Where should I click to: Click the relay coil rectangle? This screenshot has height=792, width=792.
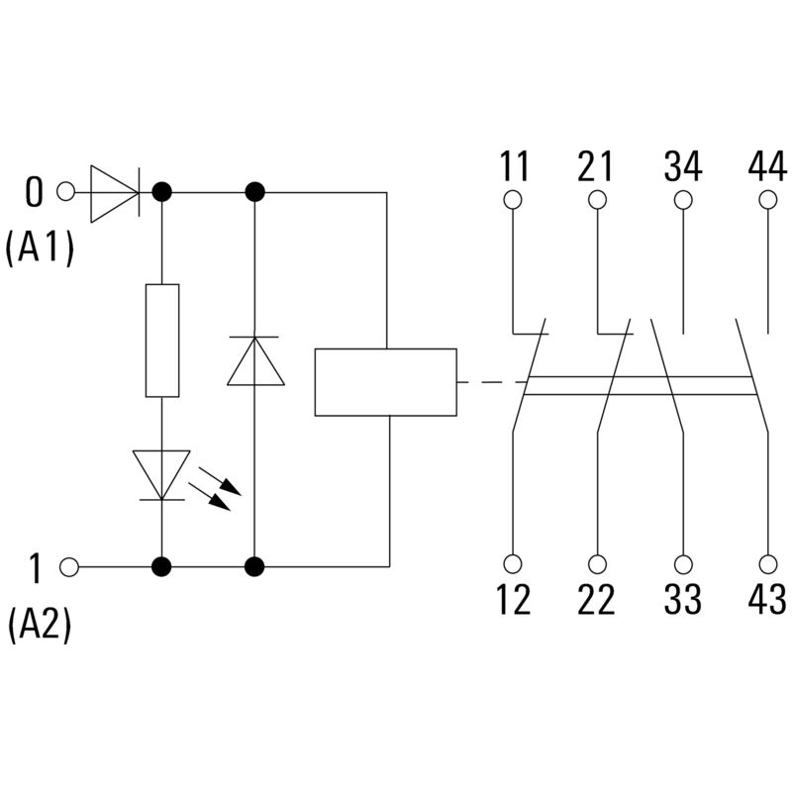tap(385, 382)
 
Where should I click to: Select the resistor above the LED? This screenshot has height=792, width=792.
tap(162, 341)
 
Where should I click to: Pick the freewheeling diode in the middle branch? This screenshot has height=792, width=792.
tap(255, 361)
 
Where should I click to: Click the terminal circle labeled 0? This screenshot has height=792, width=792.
tap(67, 192)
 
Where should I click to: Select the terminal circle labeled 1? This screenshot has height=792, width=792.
tap(68, 566)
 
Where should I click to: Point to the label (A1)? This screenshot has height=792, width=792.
tap(40, 250)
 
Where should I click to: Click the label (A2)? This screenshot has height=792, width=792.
tap(40, 626)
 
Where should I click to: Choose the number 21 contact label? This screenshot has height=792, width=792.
tap(596, 166)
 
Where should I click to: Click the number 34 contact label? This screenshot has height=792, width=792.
tap(682, 166)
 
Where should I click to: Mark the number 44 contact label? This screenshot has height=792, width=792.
tap(767, 166)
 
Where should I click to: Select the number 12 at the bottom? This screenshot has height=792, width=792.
tap(513, 600)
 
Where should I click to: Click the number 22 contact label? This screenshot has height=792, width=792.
tap(596, 600)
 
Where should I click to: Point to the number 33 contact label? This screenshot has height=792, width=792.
tap(682, 600)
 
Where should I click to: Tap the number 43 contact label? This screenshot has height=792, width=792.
tap(767, 600)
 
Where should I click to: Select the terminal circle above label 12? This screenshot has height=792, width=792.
tap(513, 564)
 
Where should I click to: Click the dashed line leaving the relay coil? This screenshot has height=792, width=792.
tap(490, 382)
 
